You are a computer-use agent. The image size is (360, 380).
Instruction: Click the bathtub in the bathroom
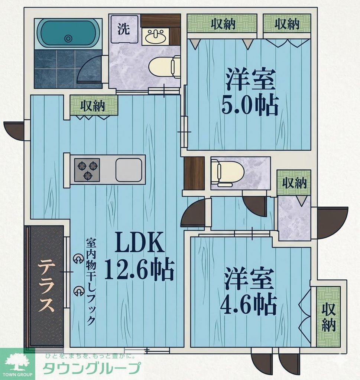click(x=68, y=33)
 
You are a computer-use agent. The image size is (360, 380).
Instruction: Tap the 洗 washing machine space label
click(x=124, y=29)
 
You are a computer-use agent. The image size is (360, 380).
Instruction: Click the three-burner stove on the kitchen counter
click(x=87, y=170)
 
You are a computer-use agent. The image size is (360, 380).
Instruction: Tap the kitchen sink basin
click(x=129, y=170)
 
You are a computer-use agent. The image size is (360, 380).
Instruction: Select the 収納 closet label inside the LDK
click(x=93, y=106)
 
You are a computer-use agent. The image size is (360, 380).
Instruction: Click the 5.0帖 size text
click(x=250, y=106)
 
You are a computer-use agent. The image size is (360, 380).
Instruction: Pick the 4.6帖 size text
click(x=248, y=305)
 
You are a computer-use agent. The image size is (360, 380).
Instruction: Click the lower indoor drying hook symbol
click(x=78, y=291)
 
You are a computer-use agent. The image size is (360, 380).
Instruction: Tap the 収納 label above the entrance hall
click(x=293, y=183)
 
